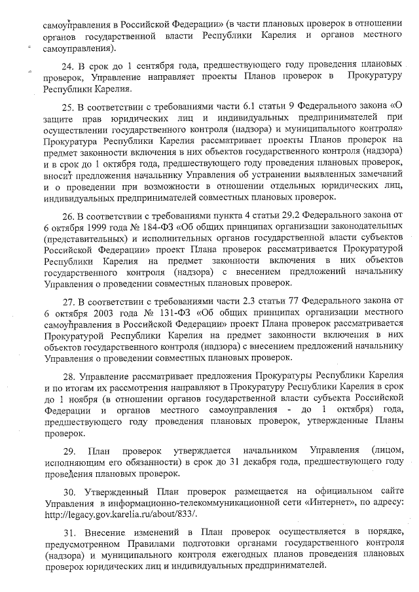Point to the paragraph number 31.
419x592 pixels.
pos(68,531)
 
